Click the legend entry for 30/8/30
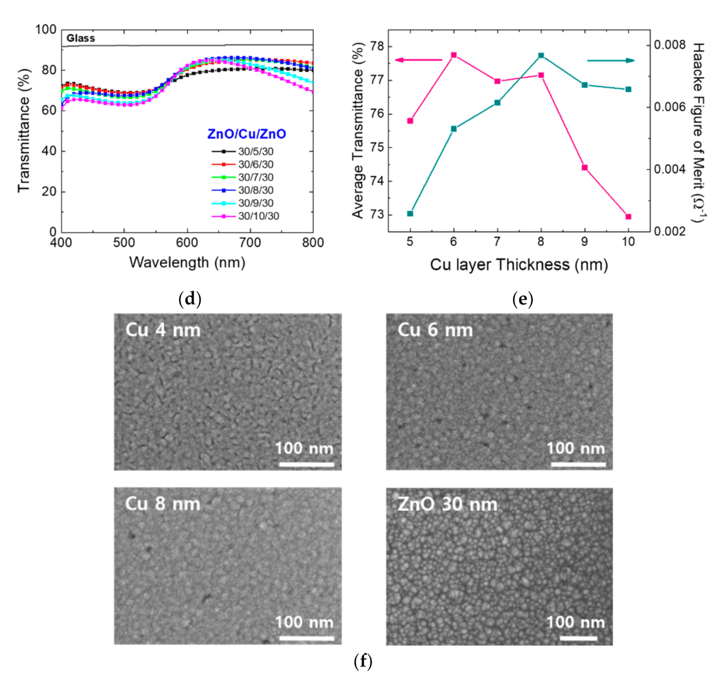pos(255,190)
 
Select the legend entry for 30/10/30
pos(258,216)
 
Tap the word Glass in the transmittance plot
pos(81,38)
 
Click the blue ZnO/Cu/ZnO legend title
pos(246,134)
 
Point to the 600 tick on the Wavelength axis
pos(187,243)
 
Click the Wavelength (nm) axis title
pos(187,262)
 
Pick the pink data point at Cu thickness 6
pos(454,55)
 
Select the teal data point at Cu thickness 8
pos(541,56)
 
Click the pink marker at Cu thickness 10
pos(628,216)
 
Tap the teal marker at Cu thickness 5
pos(410,214)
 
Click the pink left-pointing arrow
pos(418,60)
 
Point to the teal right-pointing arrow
pos(611,60)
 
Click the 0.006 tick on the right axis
pos(673,107)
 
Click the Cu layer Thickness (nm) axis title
pos(519,265)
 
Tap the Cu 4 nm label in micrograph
pos(163,330)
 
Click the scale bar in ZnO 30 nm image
pos(578,638)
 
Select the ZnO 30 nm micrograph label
pos(447,504)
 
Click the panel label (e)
pos(522,300)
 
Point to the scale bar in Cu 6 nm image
pos(578,464)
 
